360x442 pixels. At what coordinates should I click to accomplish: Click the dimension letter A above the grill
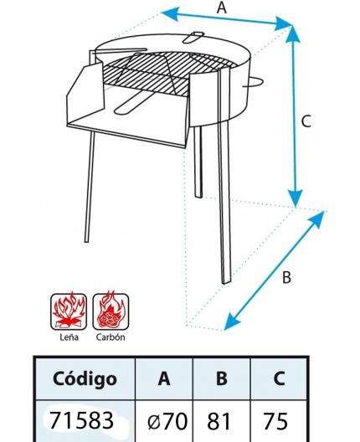221,8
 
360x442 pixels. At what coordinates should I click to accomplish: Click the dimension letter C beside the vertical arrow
306,121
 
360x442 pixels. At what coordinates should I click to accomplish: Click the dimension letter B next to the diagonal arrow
286,279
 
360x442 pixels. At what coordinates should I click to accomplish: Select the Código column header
84,378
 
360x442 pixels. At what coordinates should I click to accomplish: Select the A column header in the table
164,378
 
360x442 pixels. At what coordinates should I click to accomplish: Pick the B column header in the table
221,378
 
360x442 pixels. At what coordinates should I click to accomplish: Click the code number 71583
83,420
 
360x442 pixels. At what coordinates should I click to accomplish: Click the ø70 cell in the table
165,421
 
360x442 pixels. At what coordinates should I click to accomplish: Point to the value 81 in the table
221,421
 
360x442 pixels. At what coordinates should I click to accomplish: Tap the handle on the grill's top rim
194,36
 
